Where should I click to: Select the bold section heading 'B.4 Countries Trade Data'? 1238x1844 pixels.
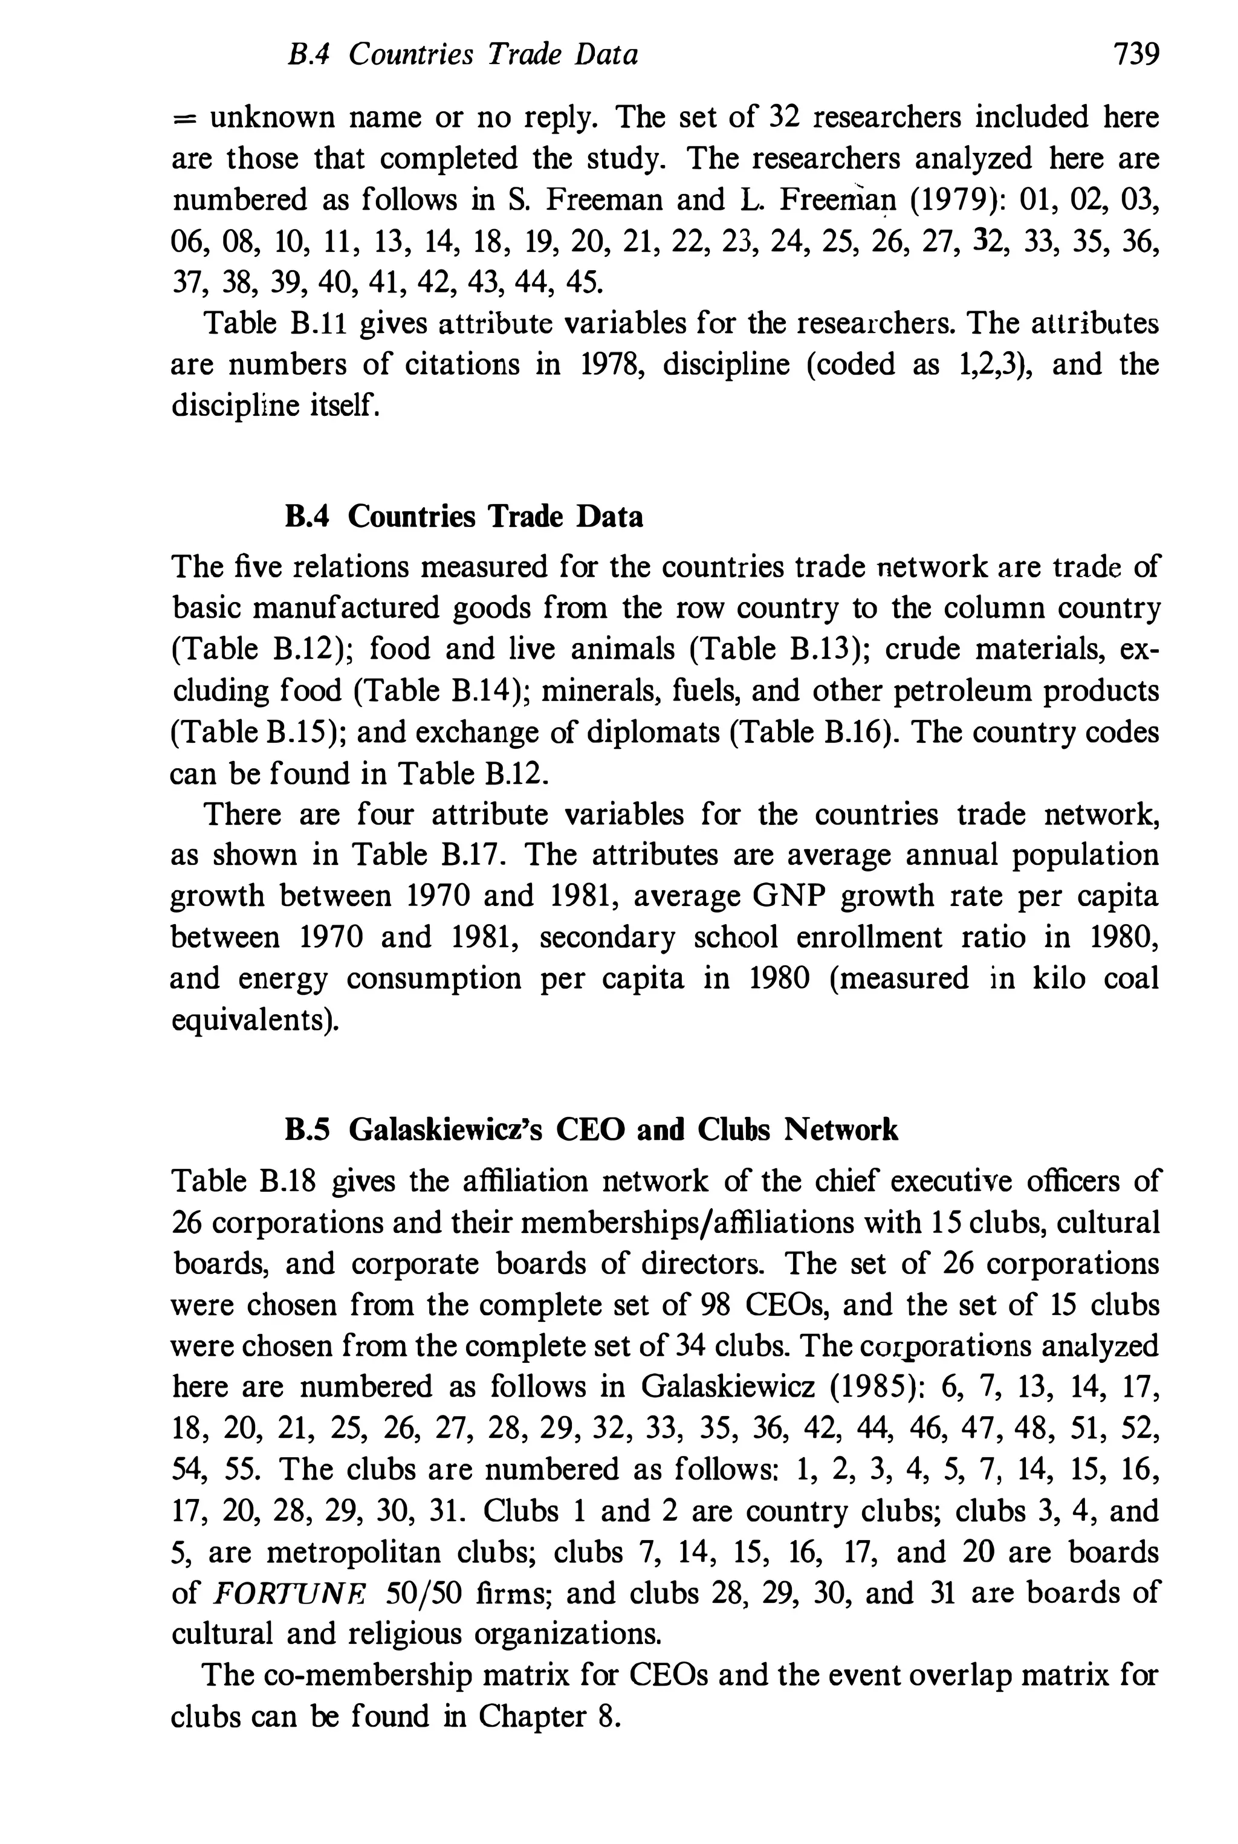pyautogui.click(x=464, y=517)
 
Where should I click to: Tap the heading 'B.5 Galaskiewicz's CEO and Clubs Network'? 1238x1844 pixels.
pyautogui.click(x=591, y=1130)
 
